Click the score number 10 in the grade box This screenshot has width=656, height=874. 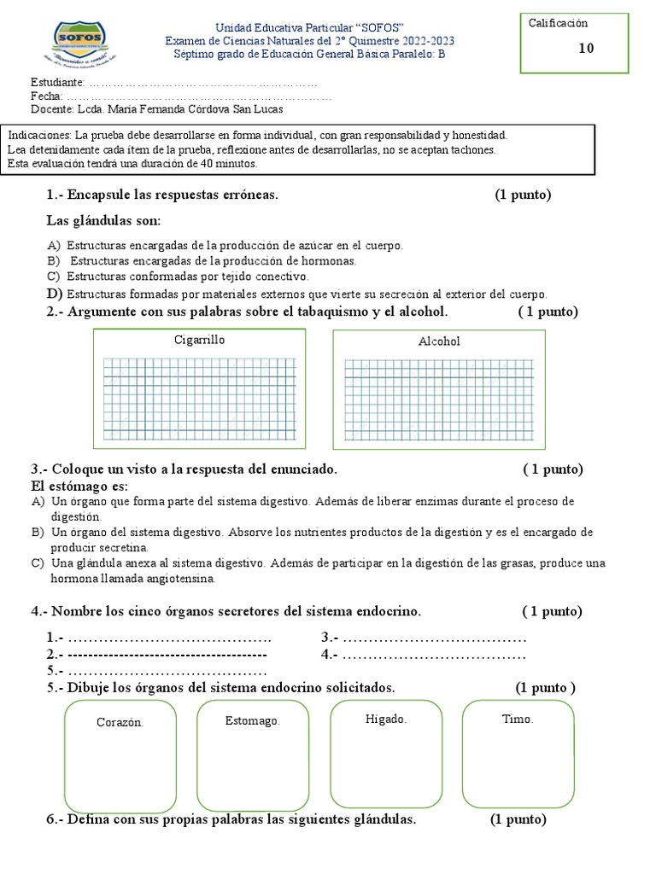[x=586, y=49]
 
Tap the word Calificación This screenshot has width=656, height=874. [x=559, y=23]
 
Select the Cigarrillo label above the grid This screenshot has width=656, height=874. [x=199, y=340]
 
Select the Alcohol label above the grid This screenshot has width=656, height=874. [x=439, y=341]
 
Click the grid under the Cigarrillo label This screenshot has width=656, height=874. [x=199, y=397]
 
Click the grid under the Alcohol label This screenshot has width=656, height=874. [x=439, y=398]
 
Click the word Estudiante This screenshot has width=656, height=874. [x=57, y=83]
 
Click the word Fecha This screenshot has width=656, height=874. [x=45, y=96]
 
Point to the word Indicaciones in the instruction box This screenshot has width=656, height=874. [x=38, y=136]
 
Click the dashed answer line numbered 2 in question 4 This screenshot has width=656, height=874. [x=167, y=655]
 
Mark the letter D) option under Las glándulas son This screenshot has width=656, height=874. [x=53, y=294]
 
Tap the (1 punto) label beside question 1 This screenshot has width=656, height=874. [x=523, y=195]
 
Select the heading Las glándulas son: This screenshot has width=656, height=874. [x=103, y=221]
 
